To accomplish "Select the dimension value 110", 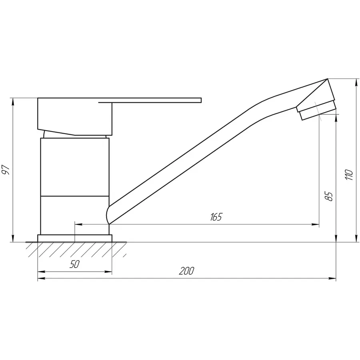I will click(349, 175).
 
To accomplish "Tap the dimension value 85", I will click(329, 196).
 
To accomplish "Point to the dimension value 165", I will click(215, 217).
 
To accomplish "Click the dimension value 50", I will click(75, 264).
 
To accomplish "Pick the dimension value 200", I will click(186, 271).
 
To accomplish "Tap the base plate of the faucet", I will click(75, 238).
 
